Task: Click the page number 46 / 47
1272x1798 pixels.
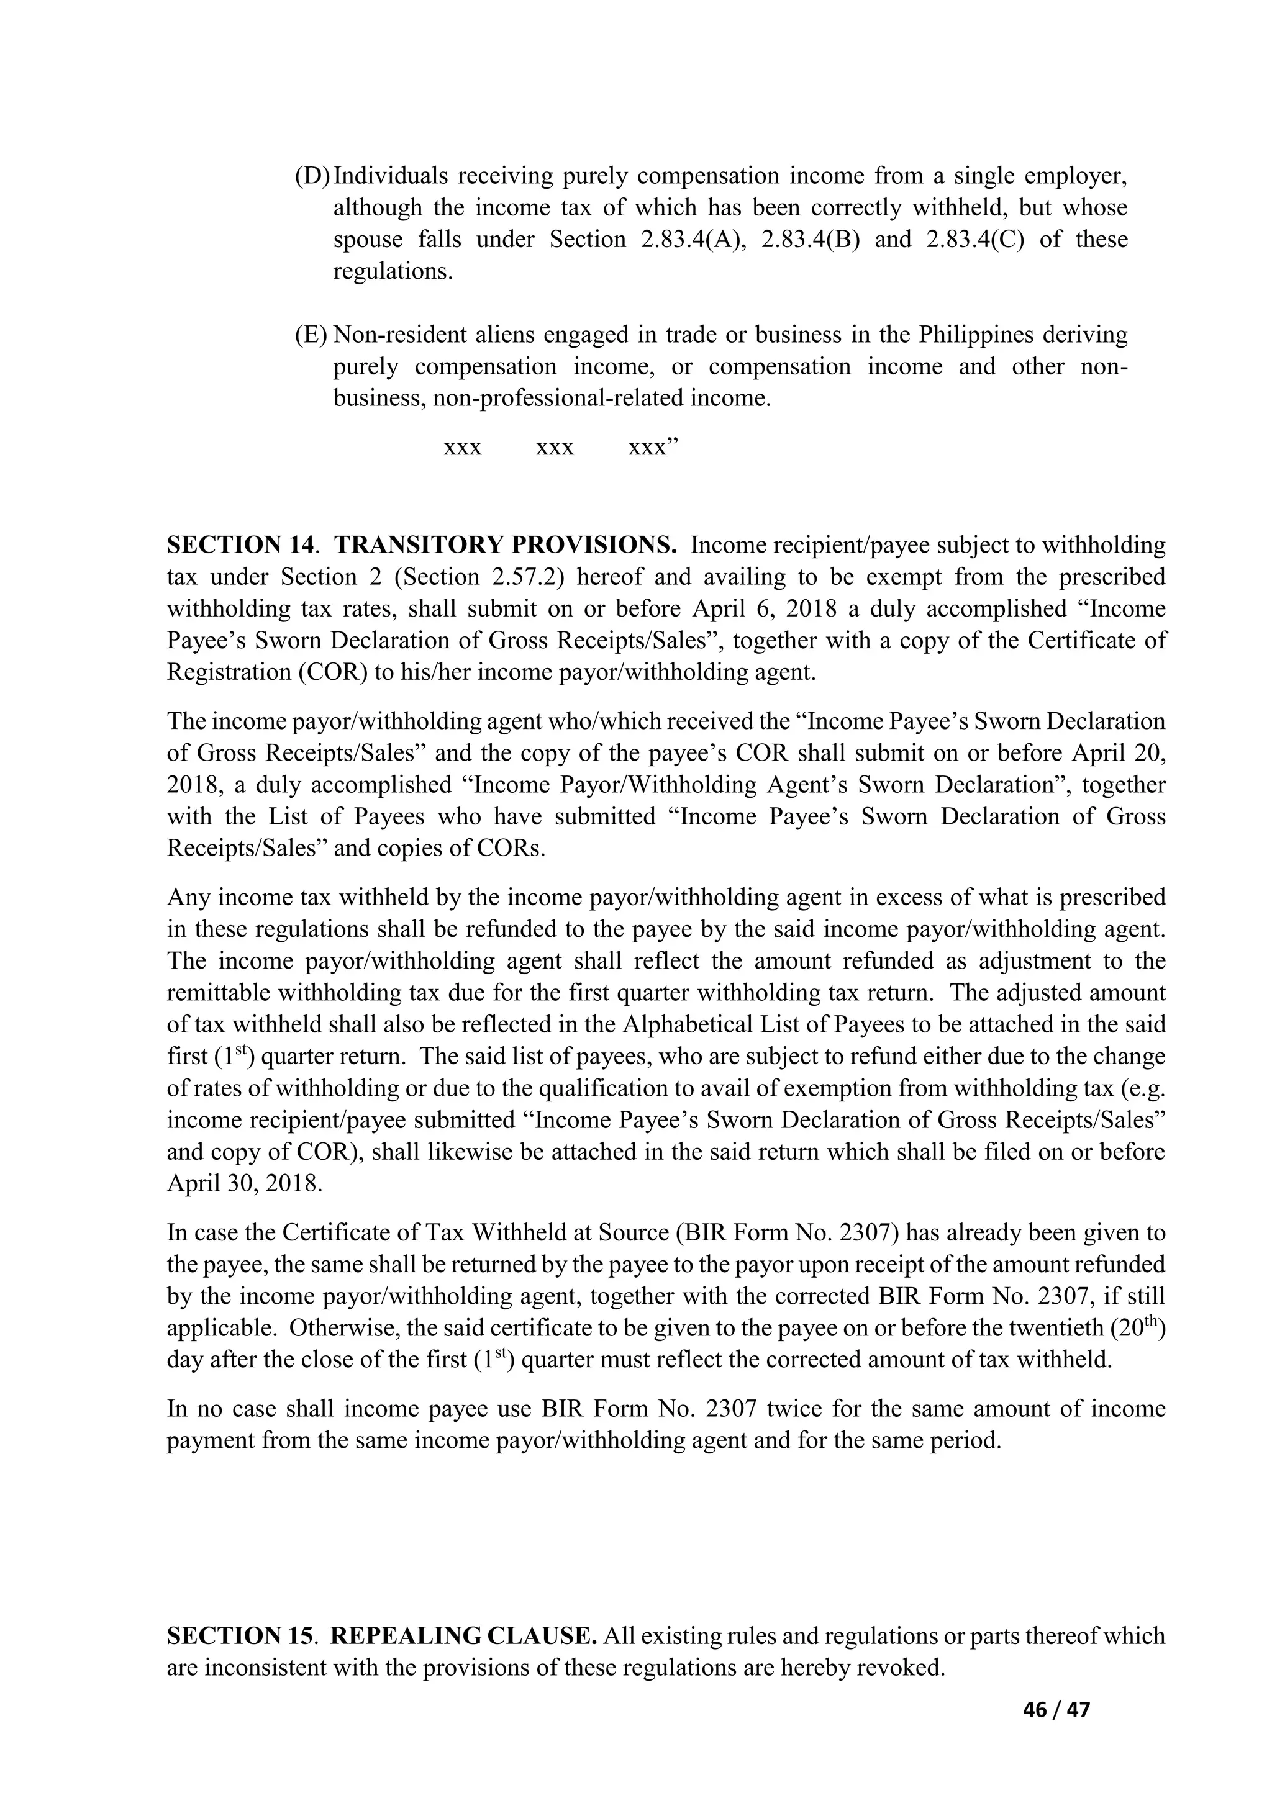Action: click(1056, 1709)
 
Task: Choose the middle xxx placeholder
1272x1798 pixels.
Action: click(555, 448)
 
